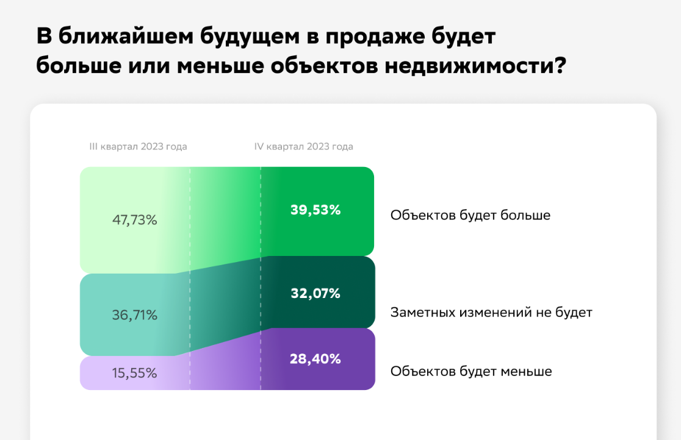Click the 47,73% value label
click(134, 220)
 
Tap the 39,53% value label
click(315, 210)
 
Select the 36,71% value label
click(134, 315)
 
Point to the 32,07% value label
click(315, 294)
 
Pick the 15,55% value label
click(134, 373)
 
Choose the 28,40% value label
click(315, 359)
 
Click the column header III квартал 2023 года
click(138, 147)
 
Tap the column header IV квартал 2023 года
click(304, 147)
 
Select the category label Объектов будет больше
click(470, 215)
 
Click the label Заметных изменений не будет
click(491, 313)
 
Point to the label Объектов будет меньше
click(471, 371)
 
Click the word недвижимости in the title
click(474, 65)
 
